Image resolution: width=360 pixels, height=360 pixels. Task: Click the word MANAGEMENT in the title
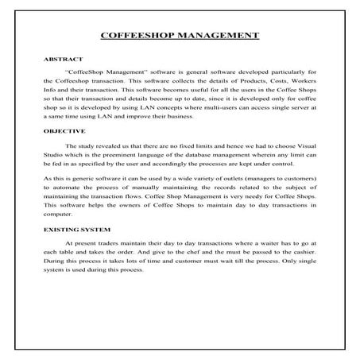(217, 36)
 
